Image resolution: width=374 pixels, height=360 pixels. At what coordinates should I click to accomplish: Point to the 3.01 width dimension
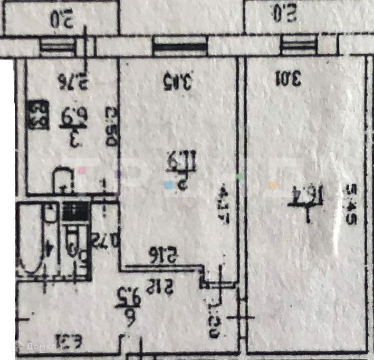(287, 80)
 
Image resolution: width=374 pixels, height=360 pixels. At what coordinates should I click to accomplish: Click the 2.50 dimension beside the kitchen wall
(110, 127)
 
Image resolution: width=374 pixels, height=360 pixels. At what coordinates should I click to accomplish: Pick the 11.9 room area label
(174, 159)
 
